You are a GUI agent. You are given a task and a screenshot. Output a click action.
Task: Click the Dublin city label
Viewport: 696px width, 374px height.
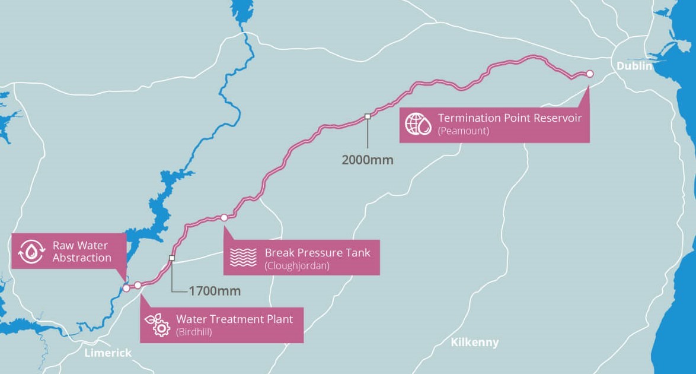point(634,66)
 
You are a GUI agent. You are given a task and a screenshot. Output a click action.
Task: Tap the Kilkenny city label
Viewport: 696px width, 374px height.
point(474,343)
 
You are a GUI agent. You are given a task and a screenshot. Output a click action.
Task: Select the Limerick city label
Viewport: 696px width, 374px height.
point(108,353)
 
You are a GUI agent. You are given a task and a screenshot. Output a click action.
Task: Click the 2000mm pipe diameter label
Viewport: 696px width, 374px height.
point(367,159)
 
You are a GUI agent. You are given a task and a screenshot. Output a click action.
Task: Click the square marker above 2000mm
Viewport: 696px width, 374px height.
point(367,116)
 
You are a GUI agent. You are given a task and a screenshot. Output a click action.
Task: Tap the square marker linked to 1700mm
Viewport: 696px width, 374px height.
point(172,258)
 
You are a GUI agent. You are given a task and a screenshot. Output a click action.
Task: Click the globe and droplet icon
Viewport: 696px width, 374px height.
point(418,123)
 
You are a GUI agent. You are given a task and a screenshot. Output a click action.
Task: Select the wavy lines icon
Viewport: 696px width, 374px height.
point(242,257)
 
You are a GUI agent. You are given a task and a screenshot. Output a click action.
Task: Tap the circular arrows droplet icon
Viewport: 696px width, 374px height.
point(31,252)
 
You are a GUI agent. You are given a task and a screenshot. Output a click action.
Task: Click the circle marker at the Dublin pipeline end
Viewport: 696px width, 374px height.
point(589,74)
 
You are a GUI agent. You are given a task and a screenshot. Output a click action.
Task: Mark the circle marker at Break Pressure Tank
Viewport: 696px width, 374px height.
point(224,218)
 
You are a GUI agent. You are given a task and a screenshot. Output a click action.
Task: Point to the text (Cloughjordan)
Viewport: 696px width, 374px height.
point(296,265)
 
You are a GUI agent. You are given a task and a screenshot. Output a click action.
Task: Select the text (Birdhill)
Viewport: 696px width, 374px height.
point(194,332)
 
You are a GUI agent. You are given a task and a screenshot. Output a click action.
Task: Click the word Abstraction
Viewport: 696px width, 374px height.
point(82,258)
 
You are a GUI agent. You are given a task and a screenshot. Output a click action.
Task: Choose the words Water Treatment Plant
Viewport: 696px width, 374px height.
point(234,319)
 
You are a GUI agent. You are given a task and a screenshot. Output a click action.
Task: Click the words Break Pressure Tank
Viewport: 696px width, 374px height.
point(317,252)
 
